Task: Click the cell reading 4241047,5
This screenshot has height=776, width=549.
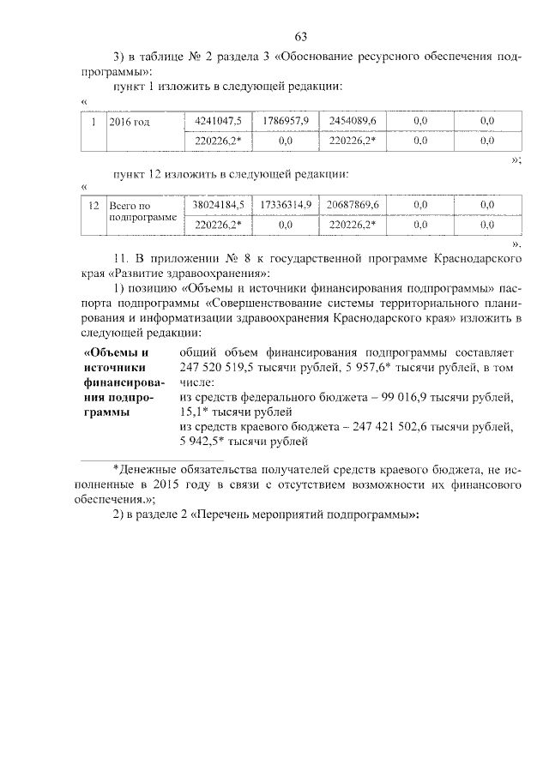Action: pyautogui.click(x=219, y=122)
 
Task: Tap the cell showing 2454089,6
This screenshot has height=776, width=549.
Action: pyautogui.click(x=353, y=122)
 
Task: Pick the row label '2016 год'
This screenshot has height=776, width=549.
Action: pyautogui.click(x=130, y=123)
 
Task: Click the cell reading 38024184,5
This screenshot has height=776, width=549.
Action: pyautogui.click(x=219, y=205)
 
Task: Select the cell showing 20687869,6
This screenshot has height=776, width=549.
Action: pyautogui.click(x=353, y=205)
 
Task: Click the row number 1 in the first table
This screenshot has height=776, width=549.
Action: pyautogui.click(x=94, y=123)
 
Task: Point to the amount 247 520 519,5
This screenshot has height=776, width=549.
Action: pyautogui.click(x=219, y=367)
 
